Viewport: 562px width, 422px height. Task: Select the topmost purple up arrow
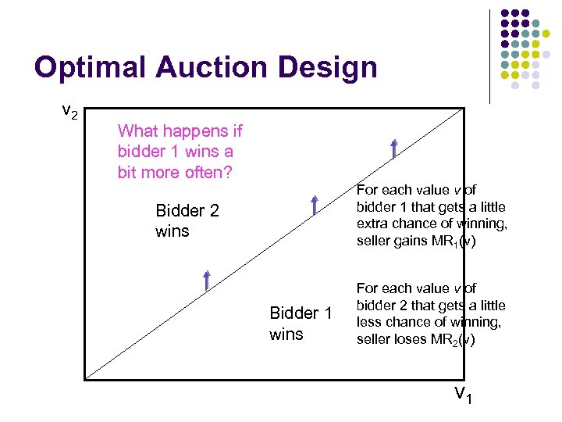click(395, 148)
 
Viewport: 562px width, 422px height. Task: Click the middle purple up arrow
click(314, 205)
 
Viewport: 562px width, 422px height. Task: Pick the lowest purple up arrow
click(208, 279)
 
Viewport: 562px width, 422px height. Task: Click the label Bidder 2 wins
click(187, 220)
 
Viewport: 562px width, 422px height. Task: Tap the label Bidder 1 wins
click(301, 324)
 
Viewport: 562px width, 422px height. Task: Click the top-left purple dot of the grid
click(505, 14)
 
